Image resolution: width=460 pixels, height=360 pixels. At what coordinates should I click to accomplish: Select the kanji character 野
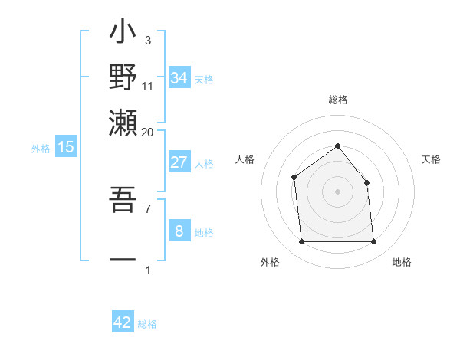[x=123, y=77]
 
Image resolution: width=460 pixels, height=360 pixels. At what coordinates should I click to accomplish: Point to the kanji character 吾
[x=123, y=201]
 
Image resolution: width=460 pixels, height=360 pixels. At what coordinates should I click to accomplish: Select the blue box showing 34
[x=179, y=78]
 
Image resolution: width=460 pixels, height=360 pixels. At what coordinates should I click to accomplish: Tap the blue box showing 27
[x=179, y=162]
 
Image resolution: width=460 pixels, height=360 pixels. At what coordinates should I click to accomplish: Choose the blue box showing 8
[x=179, y=231]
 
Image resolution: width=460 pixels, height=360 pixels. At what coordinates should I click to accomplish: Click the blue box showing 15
[x=66, y=147]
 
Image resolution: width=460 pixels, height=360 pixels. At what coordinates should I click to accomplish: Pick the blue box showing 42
[x=123, y=322]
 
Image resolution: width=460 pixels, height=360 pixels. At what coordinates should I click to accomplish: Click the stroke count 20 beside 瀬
[x=147, y=132]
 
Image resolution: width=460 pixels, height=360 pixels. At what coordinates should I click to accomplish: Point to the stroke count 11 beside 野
[x=147, y=86]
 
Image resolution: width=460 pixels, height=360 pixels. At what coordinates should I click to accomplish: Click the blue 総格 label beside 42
[x=147, y=324]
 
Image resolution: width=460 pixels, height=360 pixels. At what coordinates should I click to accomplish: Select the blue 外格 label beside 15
[x=40, y=149]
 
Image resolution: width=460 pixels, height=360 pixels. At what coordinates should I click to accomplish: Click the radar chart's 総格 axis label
[x=337, y=100]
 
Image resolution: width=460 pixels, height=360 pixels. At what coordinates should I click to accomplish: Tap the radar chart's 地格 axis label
[x=402, y=263]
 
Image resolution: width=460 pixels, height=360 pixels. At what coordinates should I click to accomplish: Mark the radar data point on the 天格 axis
[x=366, y=182]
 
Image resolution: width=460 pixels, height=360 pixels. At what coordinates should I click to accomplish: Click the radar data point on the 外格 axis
[x=301, y=242]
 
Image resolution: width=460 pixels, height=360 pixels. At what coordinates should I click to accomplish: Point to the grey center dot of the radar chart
[x=337, y=191]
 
